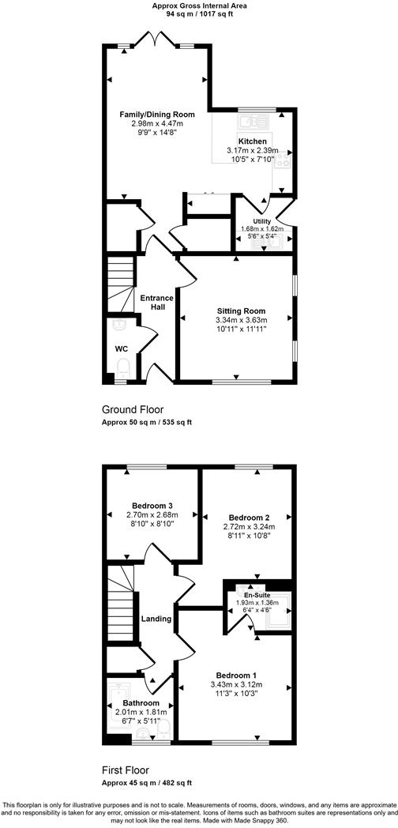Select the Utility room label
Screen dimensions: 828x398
point(261,221)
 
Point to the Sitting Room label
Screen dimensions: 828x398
point(241,310)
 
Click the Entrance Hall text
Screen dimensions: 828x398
point(156,303)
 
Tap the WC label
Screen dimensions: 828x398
point(121,348)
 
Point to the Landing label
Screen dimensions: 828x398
point(156,619)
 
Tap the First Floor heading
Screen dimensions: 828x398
point(126,770)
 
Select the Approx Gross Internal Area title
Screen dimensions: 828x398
point(198,5)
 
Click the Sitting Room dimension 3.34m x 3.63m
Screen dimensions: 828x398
point(241,320)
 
